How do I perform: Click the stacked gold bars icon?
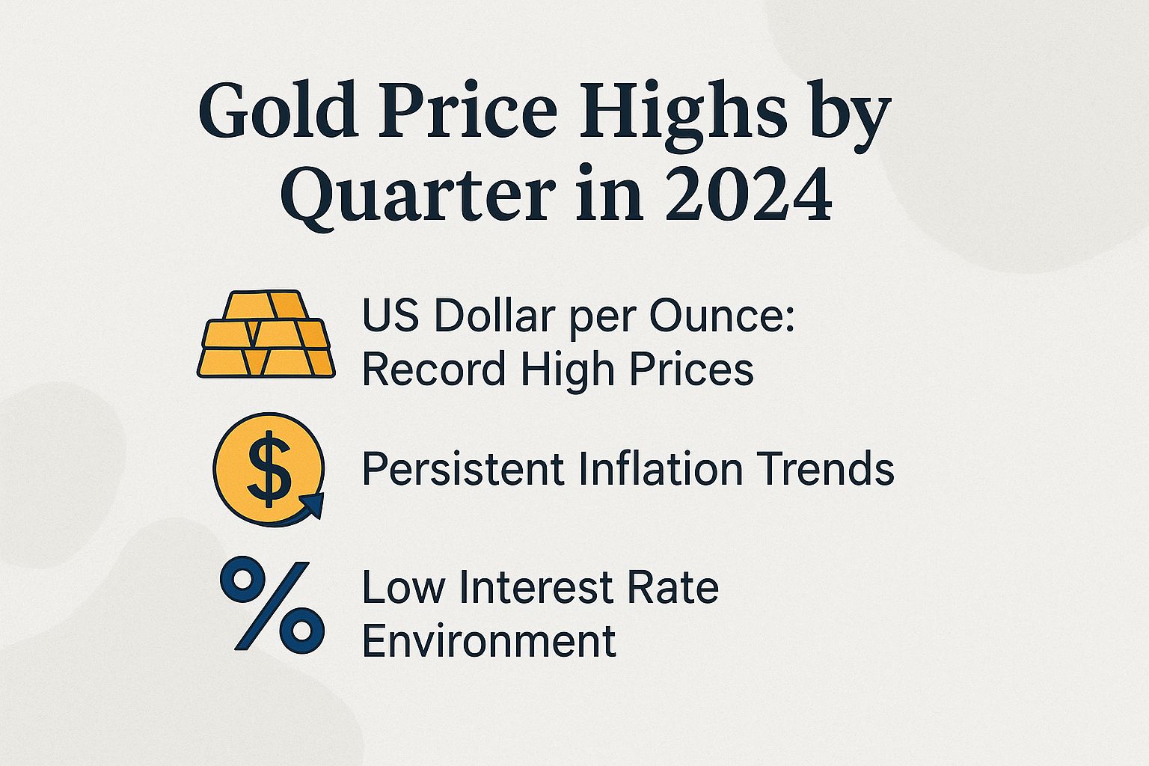coord(266,334)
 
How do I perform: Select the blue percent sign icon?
coord(272,606)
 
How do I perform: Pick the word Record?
coord(435,369)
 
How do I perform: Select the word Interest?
coord(536,587)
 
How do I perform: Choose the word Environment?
coord(489,641)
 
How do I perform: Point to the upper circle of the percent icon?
coord(243,580)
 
